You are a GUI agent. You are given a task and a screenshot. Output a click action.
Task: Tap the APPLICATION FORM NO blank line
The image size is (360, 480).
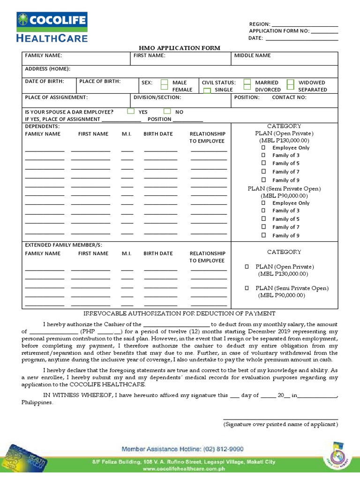[x=324, y=32]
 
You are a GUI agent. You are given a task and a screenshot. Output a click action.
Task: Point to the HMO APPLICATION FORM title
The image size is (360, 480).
[x=180, y=48]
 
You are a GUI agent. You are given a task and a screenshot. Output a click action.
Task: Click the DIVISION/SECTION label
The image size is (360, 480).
[x=157, y=97]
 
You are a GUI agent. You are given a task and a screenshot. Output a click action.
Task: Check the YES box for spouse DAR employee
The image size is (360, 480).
[x=131, y=112]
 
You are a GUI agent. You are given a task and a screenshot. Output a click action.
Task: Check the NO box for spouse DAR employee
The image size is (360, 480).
[x=167, y=112]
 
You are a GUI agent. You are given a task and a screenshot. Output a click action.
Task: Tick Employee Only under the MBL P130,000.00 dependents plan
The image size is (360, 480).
[x=263, y=148]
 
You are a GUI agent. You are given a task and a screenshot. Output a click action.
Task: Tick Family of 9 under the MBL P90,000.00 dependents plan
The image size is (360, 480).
[x=263, y=235]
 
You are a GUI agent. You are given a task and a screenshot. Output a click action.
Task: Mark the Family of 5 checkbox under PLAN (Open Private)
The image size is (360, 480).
[x=263, y=163]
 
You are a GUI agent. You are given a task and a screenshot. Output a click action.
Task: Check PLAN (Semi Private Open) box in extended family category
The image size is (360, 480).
[x=247, y=288]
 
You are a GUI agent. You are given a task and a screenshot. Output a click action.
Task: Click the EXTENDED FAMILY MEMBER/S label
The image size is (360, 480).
[x=63, y=245]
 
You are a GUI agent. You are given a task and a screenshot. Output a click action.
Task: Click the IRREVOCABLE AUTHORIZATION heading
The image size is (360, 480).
[x=180, y=314]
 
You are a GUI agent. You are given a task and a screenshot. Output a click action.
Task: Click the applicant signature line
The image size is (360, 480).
[x=280, y=419]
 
